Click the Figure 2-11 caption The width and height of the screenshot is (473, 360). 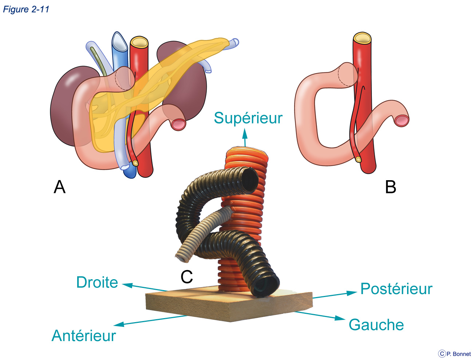(26, 9)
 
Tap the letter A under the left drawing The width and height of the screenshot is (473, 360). (59, 187)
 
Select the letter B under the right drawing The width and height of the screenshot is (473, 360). (390, 187)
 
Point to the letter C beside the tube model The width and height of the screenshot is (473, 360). (186, 277)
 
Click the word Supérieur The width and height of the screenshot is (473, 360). (248, 118)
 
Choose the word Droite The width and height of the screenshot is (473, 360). (97, 282)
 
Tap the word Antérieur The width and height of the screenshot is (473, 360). (84, 336)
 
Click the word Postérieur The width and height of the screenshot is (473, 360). (397, 289)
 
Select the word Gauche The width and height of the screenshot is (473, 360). (376, 325)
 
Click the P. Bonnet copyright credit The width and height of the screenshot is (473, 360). (455, 354)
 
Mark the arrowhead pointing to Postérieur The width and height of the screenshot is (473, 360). (351, 293)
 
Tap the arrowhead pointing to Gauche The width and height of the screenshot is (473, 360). (340, 318)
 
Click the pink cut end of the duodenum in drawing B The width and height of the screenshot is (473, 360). (402, 120)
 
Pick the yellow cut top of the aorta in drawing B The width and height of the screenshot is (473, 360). (362, 38)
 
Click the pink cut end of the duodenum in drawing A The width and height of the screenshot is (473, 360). (178, 124)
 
